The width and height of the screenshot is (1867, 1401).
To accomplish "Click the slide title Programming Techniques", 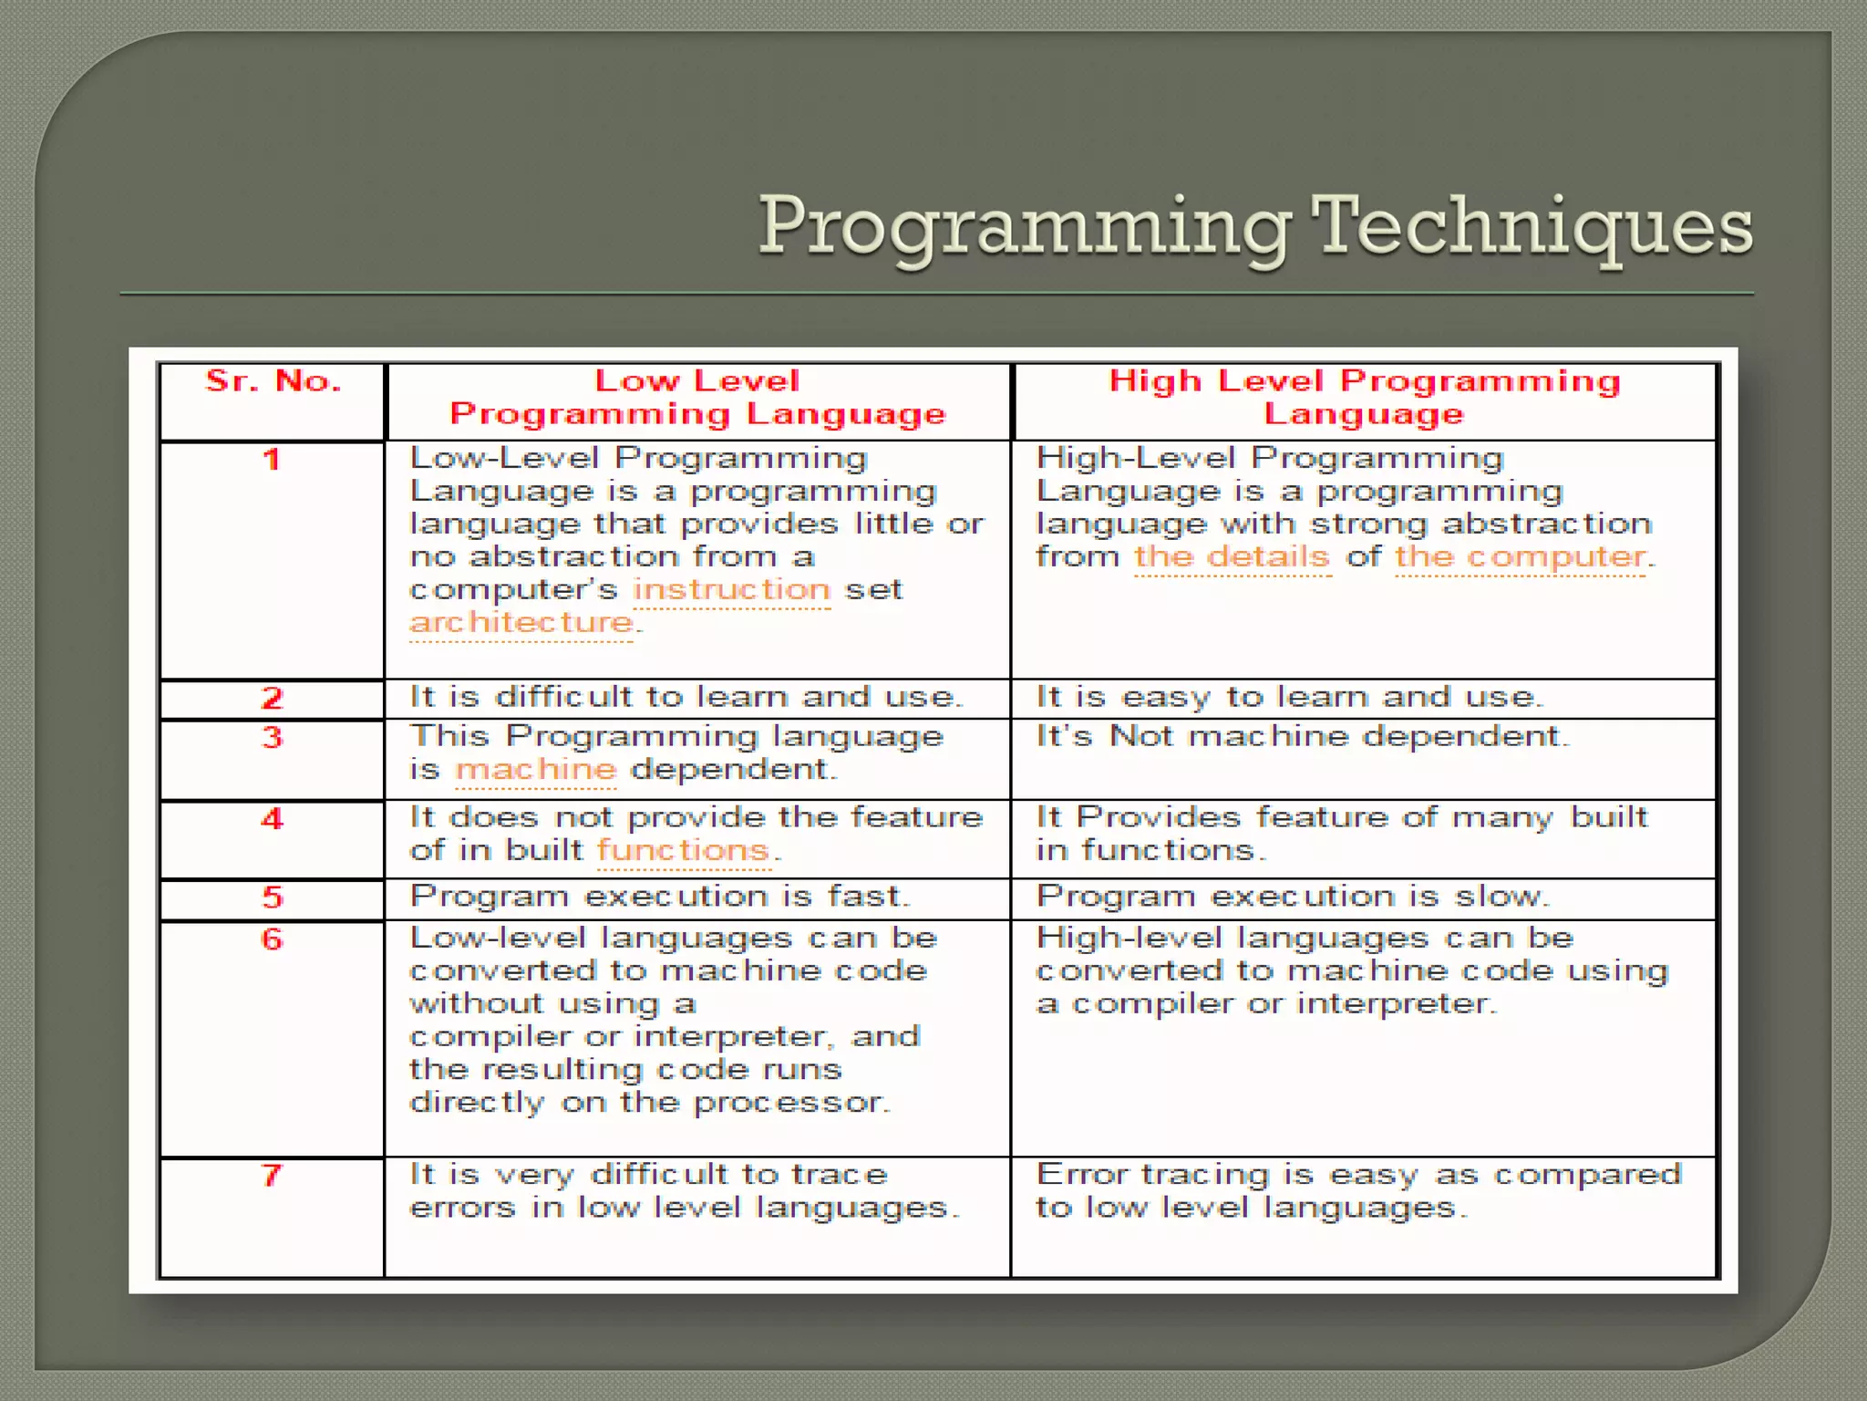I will (x=1255, y=226).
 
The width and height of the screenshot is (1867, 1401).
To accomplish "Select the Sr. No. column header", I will (x=273, y=380).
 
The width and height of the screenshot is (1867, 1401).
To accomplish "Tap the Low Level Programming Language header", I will (x=697, y=398).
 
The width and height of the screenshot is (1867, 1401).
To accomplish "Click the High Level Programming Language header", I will (x=1364, y=398).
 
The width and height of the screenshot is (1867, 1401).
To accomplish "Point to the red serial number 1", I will (x=272, y=459).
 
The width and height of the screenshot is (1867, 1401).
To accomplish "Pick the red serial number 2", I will (x=272, y=699).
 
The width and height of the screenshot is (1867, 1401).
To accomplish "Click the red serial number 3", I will (x=272, y=737).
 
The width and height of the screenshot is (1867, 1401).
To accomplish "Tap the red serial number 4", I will (x=272, y=818).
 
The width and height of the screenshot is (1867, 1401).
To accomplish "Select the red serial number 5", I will (x=272, y=898).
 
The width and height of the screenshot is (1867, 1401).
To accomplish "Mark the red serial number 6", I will (x=272, y=939).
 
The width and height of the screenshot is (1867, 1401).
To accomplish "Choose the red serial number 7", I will (x=272, y=1175).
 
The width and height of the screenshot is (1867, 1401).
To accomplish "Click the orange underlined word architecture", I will (x=522, y=623).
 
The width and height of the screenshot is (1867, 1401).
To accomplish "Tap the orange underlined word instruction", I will (x=732, y=590).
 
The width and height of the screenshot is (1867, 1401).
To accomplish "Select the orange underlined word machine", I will (x=536, y=770).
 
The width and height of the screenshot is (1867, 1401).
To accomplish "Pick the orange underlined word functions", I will (x=684, y=851).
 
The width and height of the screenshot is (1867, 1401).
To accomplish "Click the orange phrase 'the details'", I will (x=1232, y=557).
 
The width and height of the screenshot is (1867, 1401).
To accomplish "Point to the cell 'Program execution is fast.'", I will (x=660, y=897).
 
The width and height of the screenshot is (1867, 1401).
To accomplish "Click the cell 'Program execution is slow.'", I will (x=1293, y=897).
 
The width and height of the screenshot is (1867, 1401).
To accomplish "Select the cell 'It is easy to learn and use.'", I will (x=1289, y=698).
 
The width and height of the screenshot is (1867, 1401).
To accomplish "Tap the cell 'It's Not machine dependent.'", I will (x=1303, y=737).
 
